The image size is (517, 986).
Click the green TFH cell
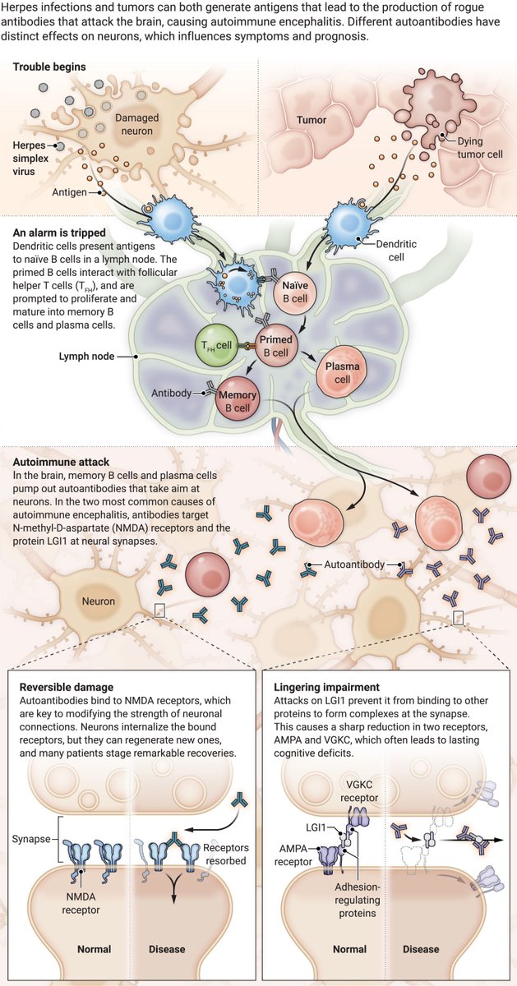[x=215, y=348]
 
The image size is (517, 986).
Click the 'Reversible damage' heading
[x=66, y=686]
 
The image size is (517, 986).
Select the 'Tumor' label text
[x=312, y=120]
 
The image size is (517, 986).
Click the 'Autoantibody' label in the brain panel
[x=352, y=565]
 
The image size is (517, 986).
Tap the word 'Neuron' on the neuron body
[x=98, y=601]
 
